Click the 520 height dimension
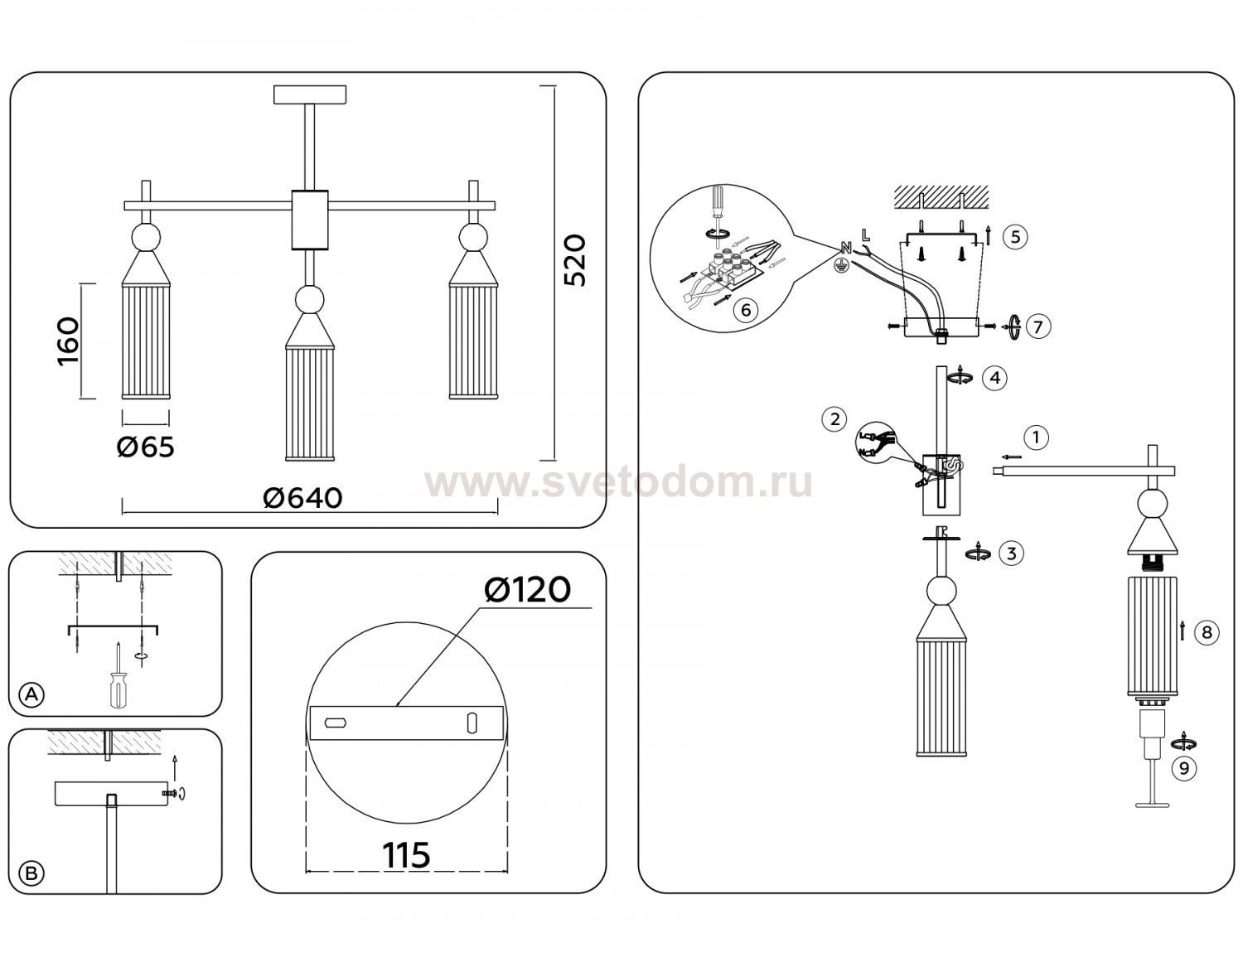575,260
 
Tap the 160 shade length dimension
69,341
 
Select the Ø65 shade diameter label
145,447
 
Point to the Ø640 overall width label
302,498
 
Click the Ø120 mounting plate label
527,590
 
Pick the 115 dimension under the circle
406,855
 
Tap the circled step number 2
834,419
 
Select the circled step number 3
1011,554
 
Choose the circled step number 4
994,378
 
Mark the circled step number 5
1015,237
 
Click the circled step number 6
745,310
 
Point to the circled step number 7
1038,327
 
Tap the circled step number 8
1207,632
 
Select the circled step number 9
1184,769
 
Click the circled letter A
31,695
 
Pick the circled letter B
31,873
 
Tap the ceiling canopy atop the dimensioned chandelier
310,95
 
